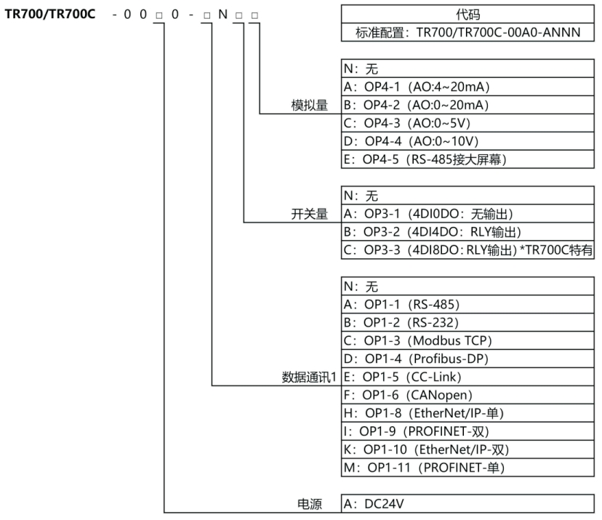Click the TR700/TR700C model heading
pos(50,15)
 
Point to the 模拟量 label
pos(309,106)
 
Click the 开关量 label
pos(309,215)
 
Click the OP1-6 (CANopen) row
pos(407,395)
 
